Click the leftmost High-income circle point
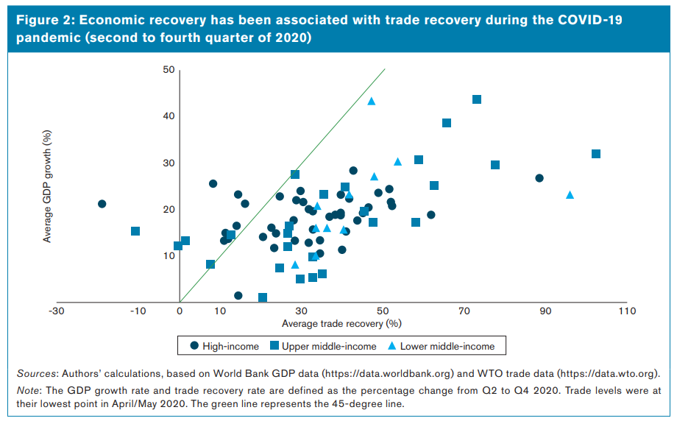tap(102, 204)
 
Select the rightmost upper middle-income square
tap(596, 154)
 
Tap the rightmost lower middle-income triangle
tap(570, 195)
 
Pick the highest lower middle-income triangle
tap(372, 102)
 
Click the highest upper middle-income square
tap(477, 99)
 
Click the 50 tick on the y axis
tap(169, 70)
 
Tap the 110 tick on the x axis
tap(626, 311)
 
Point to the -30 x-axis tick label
tap(55, 311)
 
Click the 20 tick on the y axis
tap(169, 210)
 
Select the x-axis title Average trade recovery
tap(340, 323)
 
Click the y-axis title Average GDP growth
tap(47, 187)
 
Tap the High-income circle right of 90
tap(539, 178)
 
